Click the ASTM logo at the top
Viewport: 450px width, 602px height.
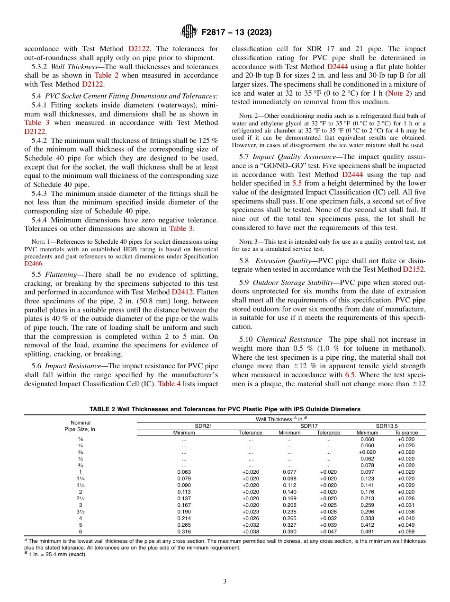pyautogui.click(x=189, y=33)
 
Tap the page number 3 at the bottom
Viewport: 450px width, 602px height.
pyautogui.click(x=225, y=581)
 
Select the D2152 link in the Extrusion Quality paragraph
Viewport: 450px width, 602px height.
pyautogui.click(x=414, y=269)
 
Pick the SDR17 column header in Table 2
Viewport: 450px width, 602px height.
pyautogui.click(x=309, y=425)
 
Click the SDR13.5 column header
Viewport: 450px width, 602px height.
pyautogui.click(x=387, y=425)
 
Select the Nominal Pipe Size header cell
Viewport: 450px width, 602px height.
pyautogui.click(x=80, y=425)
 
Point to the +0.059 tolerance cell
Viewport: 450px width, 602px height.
pyautogui.click(x=406, y=531)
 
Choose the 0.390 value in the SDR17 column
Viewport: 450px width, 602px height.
pyautogui.click(x=289, y=531)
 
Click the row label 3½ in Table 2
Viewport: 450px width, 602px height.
pyautogui.click(x=80, y=512)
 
